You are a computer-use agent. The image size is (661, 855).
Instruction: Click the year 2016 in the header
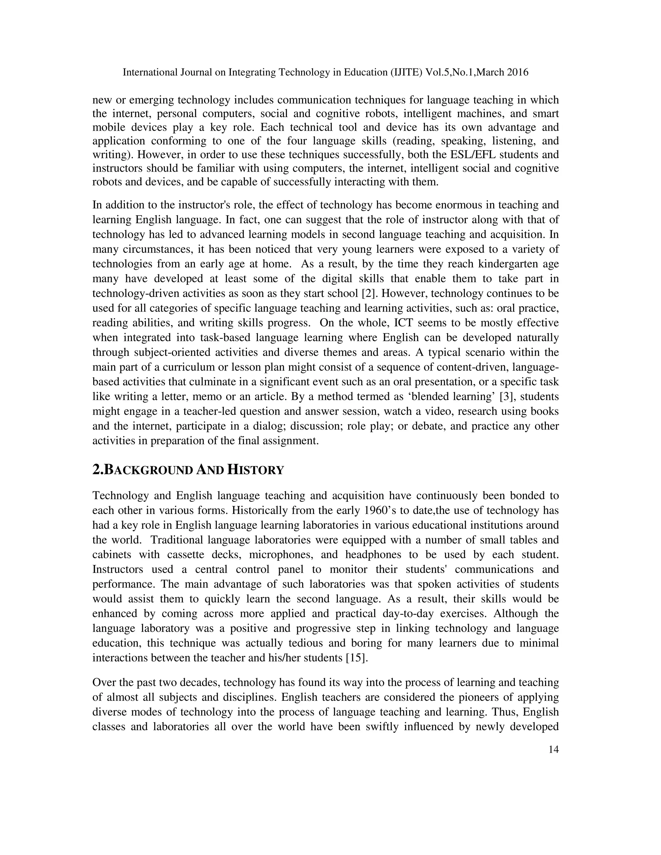point(517,72)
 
